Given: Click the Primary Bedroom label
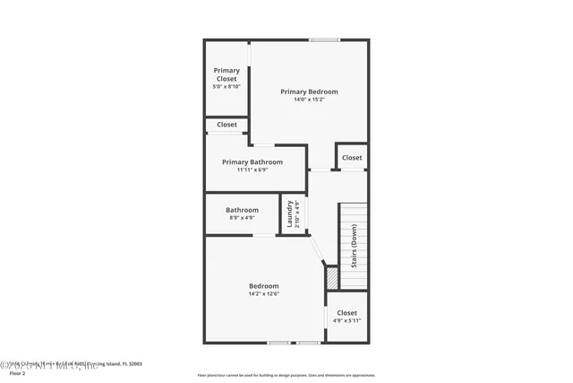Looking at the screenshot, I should point(309,91).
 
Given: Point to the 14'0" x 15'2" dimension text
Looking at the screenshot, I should point(309,100).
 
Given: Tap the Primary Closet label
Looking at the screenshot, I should point(227,74).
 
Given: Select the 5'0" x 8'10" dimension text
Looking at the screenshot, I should point(227,87).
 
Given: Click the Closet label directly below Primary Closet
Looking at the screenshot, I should point(227,125).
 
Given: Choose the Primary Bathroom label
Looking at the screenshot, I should point(252,161).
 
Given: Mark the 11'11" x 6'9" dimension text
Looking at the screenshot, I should point(252,170).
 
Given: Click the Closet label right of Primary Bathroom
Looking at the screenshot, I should point(352,157).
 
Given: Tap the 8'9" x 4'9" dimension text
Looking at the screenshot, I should point(242,218).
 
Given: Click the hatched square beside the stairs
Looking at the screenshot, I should point(331,279).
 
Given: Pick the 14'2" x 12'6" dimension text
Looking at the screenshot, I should point(263,294).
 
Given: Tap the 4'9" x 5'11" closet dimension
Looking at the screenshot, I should point(346,321).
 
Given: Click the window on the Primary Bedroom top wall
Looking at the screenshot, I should point(324,39).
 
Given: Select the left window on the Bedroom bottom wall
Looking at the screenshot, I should point(278,342).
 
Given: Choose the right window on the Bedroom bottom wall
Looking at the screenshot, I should point(308,342).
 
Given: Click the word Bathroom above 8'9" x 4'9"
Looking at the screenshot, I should point(242,210).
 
